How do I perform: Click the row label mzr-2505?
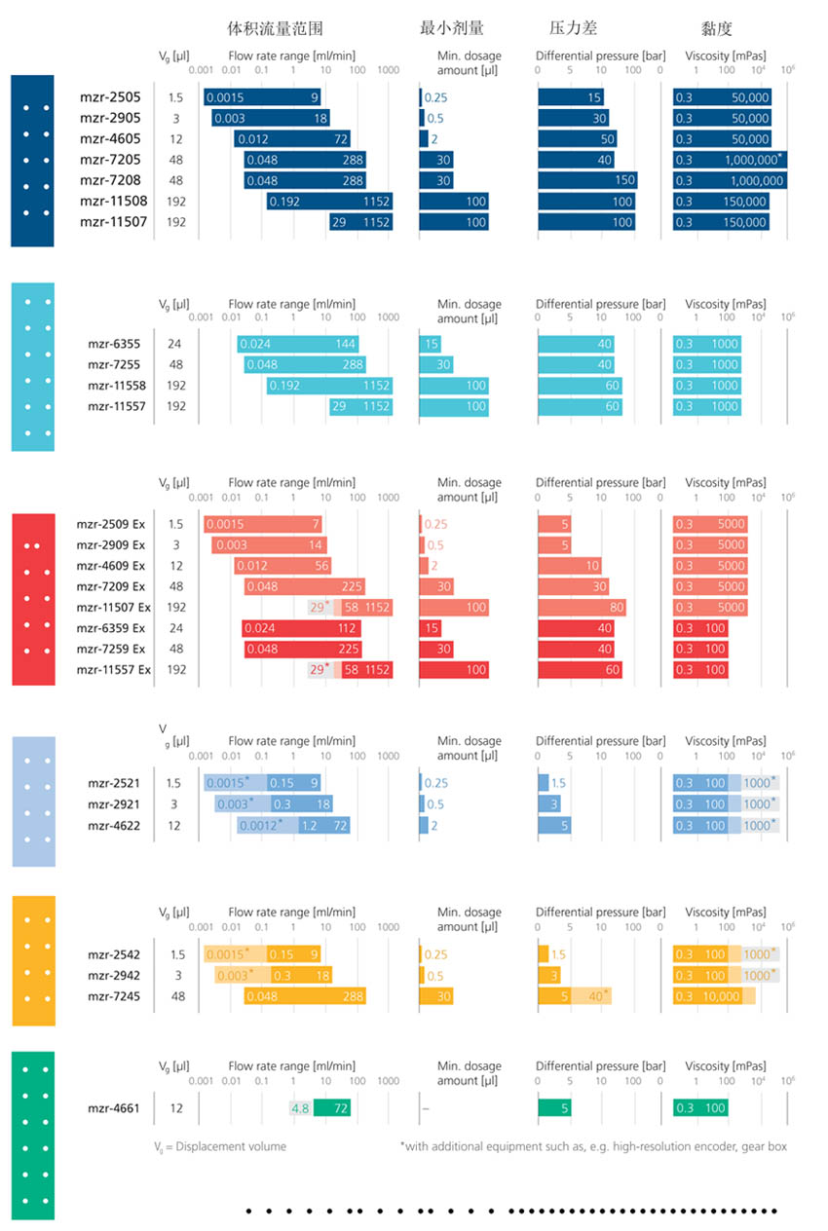[x=110, y=97]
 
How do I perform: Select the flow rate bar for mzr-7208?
[x=305, y=180]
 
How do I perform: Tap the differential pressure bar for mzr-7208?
[x=586, y=180]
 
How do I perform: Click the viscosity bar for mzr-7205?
[x=730, y=160]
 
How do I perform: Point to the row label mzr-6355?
[x=113, y=344]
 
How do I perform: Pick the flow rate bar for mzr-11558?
[x=329, y=386]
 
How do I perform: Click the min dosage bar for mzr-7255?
[x=436, y=365]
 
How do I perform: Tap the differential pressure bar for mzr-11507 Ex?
[x=582, y=608]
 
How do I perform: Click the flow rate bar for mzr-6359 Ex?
[x=301, y=628]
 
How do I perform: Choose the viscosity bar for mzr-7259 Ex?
[x=700, y=650]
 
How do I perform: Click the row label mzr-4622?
[x=113, y=826]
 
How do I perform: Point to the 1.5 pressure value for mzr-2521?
[x=558, y=784]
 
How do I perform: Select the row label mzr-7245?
[x=113, y=996]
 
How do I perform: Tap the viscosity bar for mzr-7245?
[x=714, y=996]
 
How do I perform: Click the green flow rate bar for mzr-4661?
[x=331, y=1108]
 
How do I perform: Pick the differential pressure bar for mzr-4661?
[x=555, y=1108]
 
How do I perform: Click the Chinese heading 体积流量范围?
[x=275, y=27]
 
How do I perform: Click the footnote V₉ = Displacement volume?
[x=220, y=1146]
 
